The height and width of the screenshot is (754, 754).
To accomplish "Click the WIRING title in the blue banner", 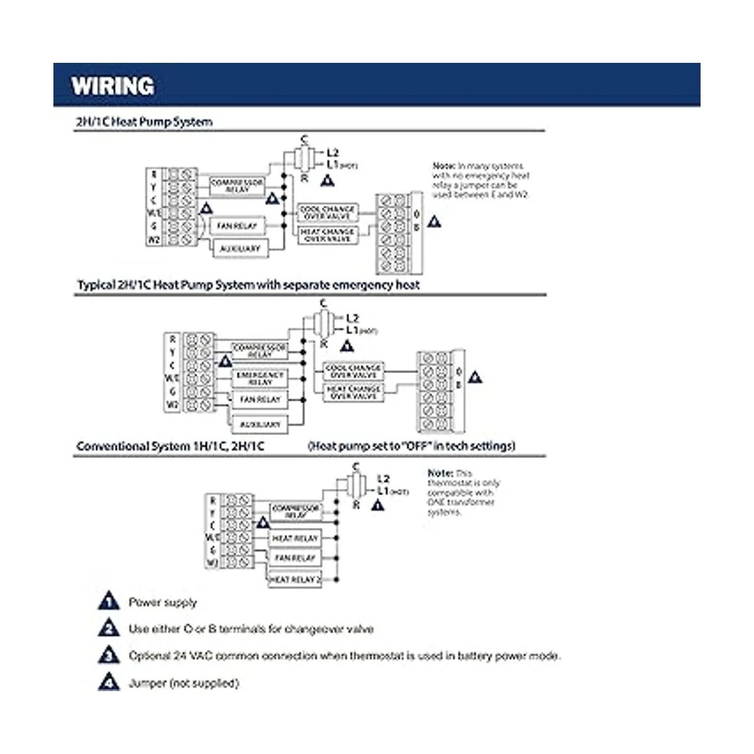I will tap(112, 85).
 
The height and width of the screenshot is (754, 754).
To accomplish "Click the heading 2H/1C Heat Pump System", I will tap(144, 122).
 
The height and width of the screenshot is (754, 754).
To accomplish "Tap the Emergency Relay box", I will tap(260, 378).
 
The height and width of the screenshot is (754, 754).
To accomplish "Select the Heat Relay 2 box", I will tap(295, 579).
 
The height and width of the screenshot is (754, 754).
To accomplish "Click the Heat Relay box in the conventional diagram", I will tap(295, 538).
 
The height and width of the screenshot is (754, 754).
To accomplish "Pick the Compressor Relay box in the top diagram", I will tap(237, 185).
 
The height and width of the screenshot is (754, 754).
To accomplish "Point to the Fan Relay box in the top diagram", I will tap(237, 226).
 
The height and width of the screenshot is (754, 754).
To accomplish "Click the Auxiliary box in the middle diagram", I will tap(260, 425).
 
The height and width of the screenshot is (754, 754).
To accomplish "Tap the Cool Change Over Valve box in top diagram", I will tap(327, 212).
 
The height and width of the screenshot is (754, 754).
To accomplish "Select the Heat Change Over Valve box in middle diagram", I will tap(353, 393).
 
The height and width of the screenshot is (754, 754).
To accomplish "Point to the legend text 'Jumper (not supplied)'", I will tap(183, 683).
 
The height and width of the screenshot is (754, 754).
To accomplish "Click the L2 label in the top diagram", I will tap(332, 153).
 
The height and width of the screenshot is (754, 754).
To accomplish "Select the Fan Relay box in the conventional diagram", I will tap(295, 558).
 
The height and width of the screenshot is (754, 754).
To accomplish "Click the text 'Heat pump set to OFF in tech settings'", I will tap(412, 446).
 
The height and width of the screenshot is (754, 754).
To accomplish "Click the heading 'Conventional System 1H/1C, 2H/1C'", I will tap(170, 447).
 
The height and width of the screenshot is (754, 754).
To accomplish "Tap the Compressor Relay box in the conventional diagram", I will tap(295, 511).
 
